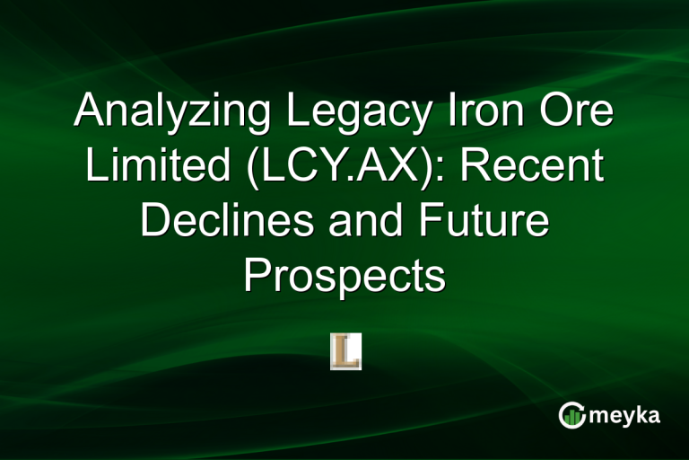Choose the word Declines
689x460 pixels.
(x=232, y=222)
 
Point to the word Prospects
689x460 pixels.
(x=344, y=277)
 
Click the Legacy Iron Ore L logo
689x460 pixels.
(x=345, y=350)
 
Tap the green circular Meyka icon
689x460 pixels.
(x=571, y=415)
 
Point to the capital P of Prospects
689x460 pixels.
(x=257, y=276)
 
